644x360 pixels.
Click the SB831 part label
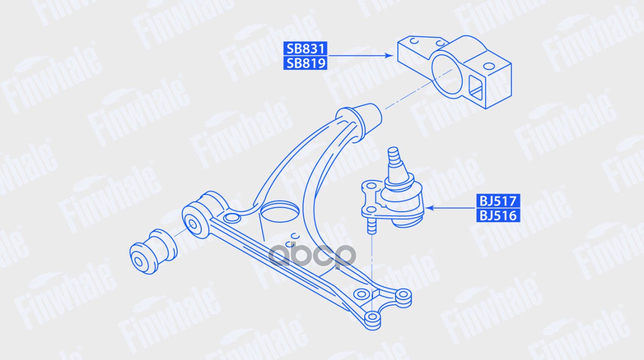pos(305,49)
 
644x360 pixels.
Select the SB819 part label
pos(305,63)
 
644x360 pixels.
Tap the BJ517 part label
pos(498,201)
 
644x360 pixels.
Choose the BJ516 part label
pos(498,215)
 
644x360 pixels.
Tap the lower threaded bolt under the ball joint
pos(371,226)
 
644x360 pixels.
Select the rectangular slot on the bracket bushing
pos(475,88)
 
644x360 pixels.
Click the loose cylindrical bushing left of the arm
pos(153,251)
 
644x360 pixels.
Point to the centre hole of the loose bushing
pos(138,262)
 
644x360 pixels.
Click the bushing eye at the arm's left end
pos(196,220)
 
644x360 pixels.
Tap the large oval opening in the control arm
pos(279,212)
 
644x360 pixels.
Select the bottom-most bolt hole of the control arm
pos(372,317)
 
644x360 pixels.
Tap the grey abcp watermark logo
pos(312,255)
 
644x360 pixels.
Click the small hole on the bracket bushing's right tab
pos(489,67)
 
